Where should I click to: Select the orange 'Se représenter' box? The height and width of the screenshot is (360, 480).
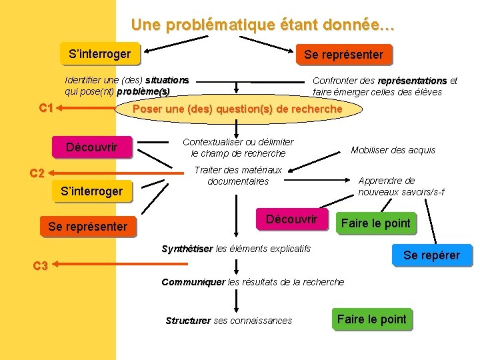(343, 55)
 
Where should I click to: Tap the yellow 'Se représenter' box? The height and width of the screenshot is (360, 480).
(87, 227)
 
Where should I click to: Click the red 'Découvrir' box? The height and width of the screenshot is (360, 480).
(291, 219)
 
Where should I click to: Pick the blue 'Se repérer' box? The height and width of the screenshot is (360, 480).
(431, 255)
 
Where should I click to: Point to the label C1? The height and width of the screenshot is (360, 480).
(46, 107)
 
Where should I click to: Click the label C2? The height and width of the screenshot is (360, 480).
(38, 173)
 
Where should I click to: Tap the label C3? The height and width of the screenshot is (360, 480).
(40, 266)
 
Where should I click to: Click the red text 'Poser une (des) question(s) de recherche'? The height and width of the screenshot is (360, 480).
(238, 109)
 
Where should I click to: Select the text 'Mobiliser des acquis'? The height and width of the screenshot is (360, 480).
(393, 150)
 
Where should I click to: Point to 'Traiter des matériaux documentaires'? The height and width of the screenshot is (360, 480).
(238, 175)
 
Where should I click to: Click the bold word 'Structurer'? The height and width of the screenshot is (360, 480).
(188, 321)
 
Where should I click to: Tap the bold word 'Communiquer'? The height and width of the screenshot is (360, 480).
(193, 282)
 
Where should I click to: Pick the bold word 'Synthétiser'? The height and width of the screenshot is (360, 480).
(187, 249)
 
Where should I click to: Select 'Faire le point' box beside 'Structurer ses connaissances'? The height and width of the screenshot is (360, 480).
(371, 319)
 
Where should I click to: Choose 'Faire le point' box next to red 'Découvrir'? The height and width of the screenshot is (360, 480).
(376, 223)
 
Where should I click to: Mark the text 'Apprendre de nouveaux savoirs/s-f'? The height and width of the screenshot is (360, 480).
(401, 186)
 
